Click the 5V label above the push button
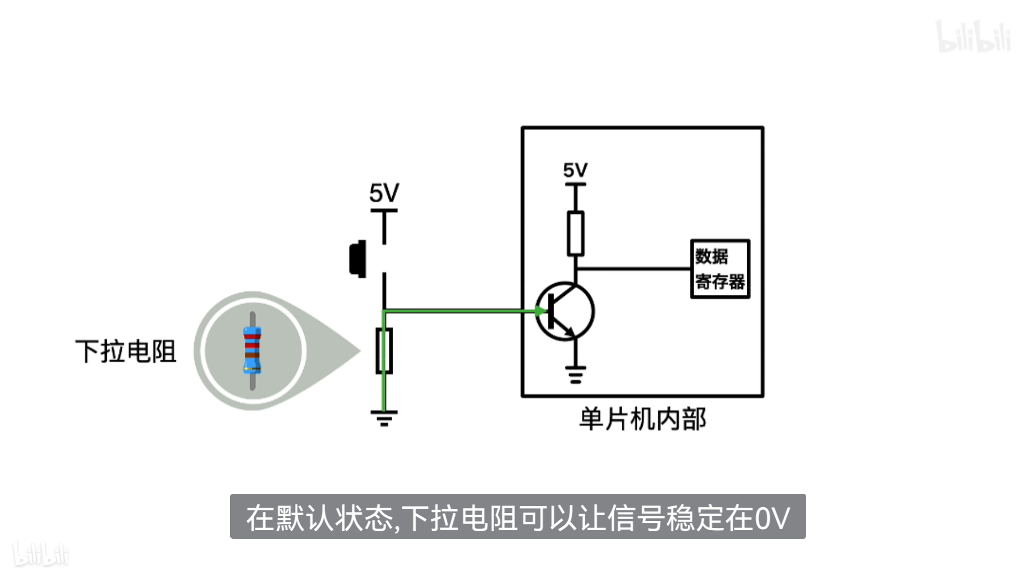(x=384, y=193)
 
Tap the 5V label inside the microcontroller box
(x=575, y=170)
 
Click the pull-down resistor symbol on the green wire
(x=384, y=351)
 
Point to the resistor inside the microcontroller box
(x=576, y=233)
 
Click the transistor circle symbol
(x=565, y=311)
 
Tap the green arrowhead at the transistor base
(x=541, y=311)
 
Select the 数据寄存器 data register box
(x=720, y=269)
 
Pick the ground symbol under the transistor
(x=576, y=374)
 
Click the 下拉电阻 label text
(x=126, y=352)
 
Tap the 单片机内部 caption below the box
(x=643, y=419)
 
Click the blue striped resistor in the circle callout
(x=252, y=350)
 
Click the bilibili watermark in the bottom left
(x=41, y=555)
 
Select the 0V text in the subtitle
(x=772, y=518)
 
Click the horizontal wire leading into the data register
(x=633, y=268)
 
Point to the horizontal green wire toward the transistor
(x=461, y=310)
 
